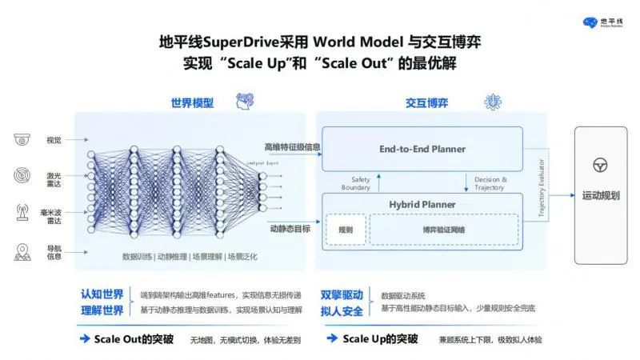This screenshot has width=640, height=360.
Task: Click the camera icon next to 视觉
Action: [22, 140]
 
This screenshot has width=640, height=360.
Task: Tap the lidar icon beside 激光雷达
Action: [22, 175]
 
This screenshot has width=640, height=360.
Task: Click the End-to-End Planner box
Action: [422, 149]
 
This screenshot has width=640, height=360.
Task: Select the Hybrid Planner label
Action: [422, 203]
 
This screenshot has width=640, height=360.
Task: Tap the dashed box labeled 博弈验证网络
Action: [443, 230]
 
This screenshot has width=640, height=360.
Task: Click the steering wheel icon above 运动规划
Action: [600, 166]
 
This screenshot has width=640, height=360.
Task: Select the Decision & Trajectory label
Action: [490, 183]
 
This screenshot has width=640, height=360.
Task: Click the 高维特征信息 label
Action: [292, 147]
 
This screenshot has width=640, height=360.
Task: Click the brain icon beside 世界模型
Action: [245, 103]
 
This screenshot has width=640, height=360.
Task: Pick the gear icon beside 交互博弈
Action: [493, 102]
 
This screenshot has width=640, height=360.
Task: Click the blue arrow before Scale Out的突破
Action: [85, 338]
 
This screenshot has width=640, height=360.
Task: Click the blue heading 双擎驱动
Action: [342, 294]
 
